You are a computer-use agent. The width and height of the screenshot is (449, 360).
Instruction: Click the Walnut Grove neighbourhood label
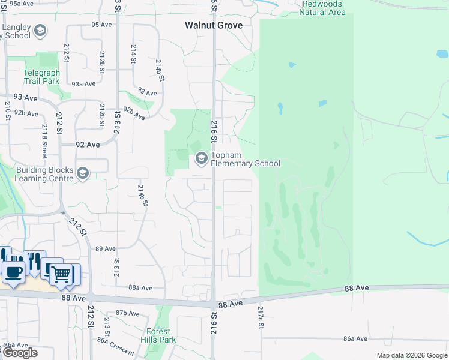214,26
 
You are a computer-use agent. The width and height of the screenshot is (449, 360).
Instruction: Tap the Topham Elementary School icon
201,159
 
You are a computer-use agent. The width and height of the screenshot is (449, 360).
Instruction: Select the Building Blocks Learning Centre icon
83,174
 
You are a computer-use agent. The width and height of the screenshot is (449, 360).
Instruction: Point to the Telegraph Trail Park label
41,77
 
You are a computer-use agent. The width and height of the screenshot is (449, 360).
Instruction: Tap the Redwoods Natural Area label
322,8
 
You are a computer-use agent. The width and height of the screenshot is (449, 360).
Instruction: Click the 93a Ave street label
84,85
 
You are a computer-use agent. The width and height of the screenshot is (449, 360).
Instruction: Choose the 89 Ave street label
106,248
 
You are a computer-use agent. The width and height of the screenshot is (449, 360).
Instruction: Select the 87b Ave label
128,313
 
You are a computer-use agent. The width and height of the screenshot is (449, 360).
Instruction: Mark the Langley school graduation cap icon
40,31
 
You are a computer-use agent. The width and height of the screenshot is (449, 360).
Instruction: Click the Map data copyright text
412,355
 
